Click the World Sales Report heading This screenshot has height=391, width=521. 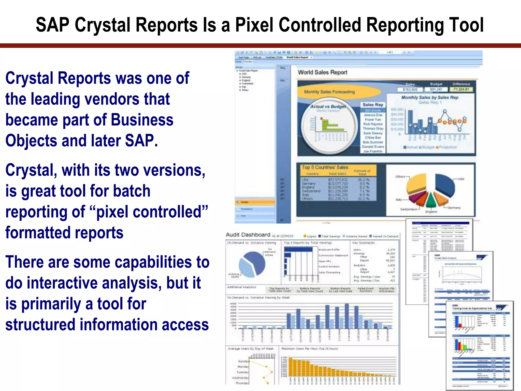322,73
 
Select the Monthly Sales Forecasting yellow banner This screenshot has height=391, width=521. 329,92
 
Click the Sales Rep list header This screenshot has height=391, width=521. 373,105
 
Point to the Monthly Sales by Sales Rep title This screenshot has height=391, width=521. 430,97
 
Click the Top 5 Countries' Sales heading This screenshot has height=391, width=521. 325,167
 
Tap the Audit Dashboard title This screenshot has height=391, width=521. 248,235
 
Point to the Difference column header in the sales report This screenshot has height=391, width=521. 461,84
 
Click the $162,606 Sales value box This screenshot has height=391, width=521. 410,90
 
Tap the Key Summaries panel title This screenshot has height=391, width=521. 363,243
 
